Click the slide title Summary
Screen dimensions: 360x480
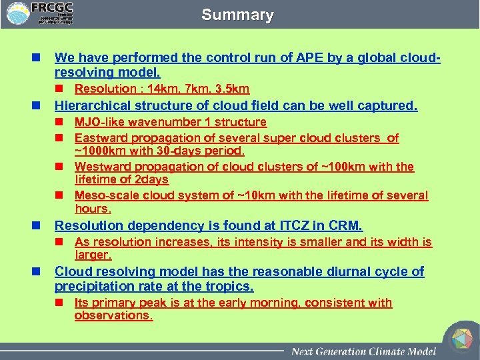click(x=237, y=15)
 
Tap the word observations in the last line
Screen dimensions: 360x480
click(x=113, y=315)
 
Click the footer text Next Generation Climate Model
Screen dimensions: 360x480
click(x=363, y=351)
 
